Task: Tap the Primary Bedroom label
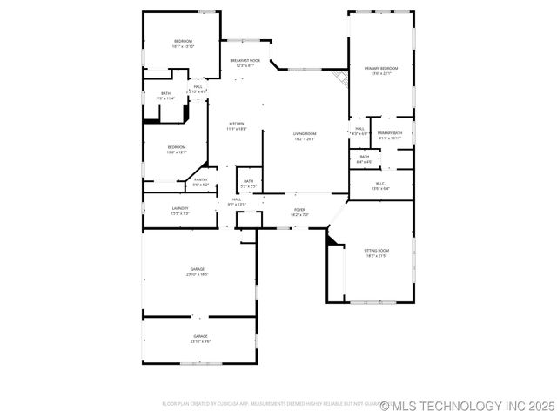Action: [381, 70]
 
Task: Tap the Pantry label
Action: [200, 181]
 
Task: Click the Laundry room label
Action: [180, 210]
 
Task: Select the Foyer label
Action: [299, 212]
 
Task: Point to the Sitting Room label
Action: [376, 253]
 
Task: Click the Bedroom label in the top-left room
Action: [183, 44]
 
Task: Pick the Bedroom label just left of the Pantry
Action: [177, 149]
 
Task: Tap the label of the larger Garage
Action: [198, 272]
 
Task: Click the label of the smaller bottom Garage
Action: [200, 338]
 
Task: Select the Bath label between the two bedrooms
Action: [165, 96]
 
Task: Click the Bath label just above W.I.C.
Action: [364, 158]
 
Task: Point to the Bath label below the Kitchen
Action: [248, 184]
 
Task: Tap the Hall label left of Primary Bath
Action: [359, 131]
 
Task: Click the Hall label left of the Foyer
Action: [237, 201]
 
